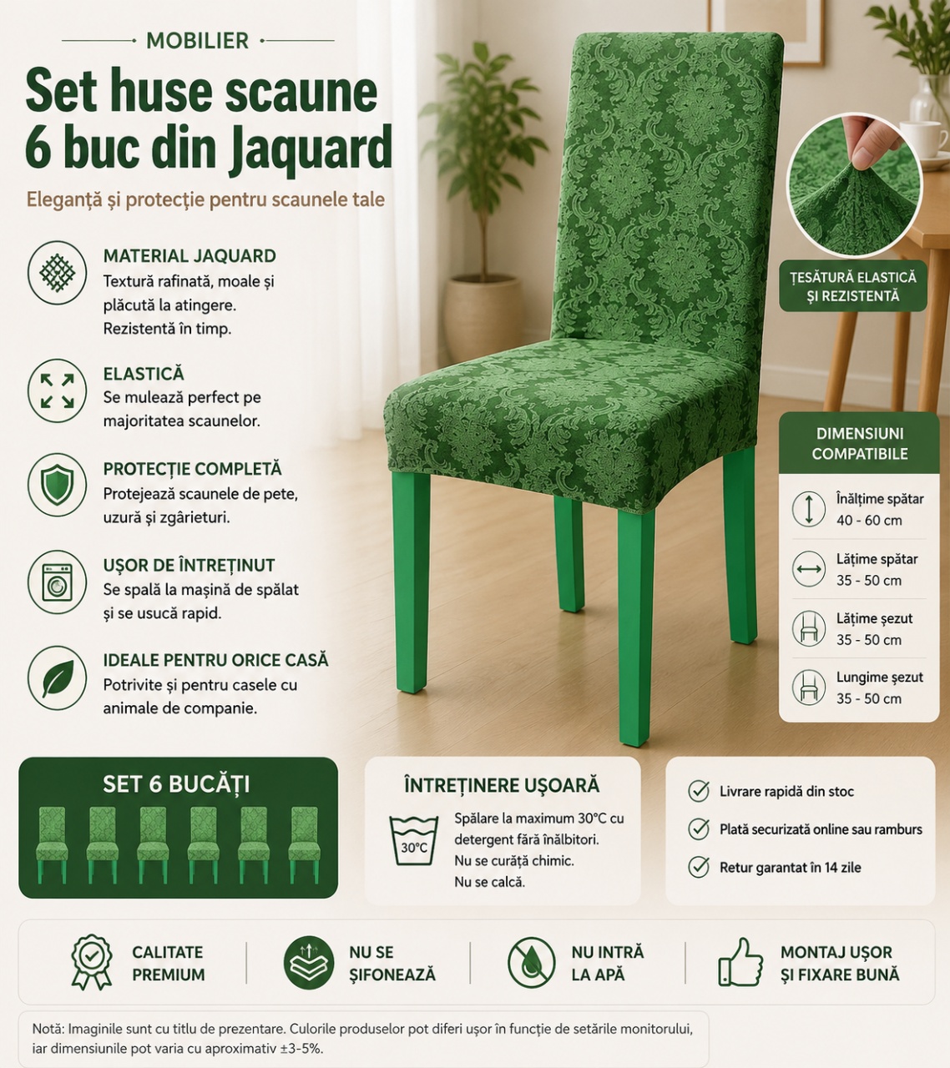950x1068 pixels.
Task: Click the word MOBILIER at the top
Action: (x=197, y=41)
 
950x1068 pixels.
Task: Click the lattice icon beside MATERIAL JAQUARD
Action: (x=57, y=273)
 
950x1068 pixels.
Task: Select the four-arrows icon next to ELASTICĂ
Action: (x=57, y=390)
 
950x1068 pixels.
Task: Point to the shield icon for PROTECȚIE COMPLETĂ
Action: (x=57, y=485)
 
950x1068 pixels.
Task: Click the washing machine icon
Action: (x=57, y=582)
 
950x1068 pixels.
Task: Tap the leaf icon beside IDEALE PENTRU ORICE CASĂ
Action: (x=57, y=678)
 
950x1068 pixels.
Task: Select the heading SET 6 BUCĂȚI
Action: (x=176, y=783)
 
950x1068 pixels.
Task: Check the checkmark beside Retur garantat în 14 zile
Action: (x=699, y=867)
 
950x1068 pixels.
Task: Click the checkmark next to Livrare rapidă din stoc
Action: (x=699, y=791)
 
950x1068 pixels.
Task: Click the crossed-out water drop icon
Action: (x=531, y=962)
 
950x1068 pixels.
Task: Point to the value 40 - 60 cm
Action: (x=869, y=521)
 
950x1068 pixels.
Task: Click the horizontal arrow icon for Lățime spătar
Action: (x=809, y=569)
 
